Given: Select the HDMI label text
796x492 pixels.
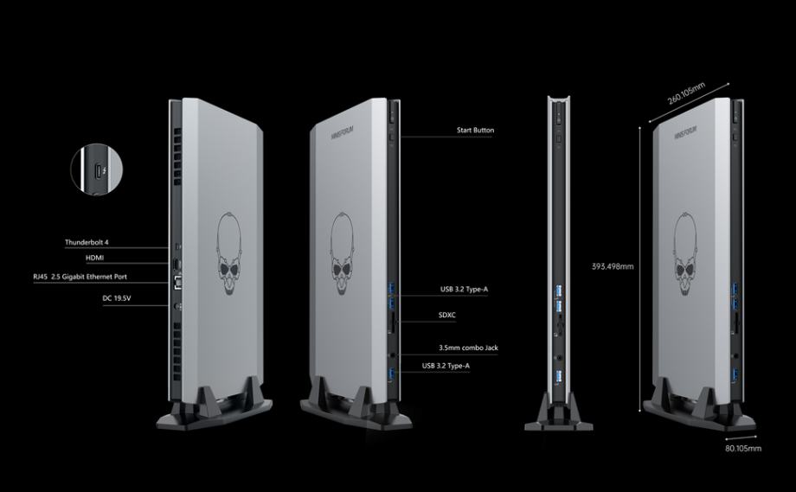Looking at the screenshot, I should tap(95, 259).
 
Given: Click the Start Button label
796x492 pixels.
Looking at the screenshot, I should tap(475, 131).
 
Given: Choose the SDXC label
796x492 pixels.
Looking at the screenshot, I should tap(447, 316).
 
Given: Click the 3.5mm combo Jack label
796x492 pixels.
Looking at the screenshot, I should tap(468, 348).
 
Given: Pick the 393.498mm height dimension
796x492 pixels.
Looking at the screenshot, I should tap(613, 266).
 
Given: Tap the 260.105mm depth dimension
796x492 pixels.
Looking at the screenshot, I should tap(686, 92).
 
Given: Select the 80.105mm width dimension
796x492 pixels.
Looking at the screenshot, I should tap(742, 449).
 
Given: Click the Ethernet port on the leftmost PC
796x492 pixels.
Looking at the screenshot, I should tap(178, 278).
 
